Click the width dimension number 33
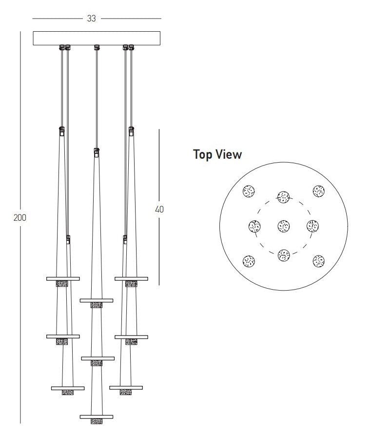91,19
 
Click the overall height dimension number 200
20,218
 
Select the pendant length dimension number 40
159,209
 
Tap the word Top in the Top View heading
203,154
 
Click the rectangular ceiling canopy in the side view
97,38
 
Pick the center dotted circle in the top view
284,226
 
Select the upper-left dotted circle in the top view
249,191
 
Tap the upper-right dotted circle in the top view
318,191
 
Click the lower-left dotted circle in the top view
249,261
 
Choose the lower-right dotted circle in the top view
318,261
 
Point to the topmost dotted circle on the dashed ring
284,197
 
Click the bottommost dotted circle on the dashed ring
284,255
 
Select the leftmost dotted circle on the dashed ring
255,226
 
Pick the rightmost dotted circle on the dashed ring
313,226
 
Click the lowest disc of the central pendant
97,417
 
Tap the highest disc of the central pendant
97,300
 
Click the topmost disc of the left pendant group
63,279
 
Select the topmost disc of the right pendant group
132,279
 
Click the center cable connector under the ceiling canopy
97,47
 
